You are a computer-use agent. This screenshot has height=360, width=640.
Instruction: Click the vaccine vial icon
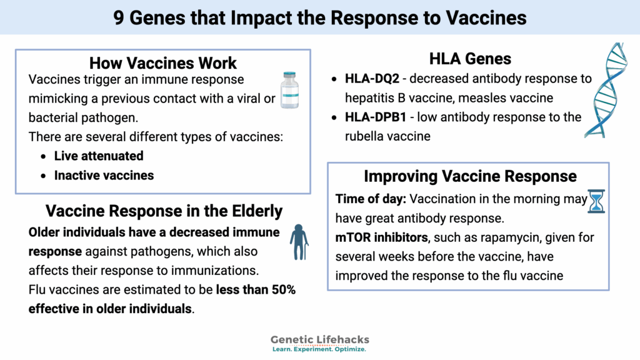pos(289,91)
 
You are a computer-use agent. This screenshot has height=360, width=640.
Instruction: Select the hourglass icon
pos(596,202)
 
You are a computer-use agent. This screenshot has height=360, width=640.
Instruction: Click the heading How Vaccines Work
pos(163,63)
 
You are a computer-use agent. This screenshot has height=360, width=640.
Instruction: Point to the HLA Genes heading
pos(470,59)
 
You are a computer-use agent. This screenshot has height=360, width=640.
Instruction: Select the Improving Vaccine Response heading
pos(470,176)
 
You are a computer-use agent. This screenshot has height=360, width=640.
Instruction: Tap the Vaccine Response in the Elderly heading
pos(163,211)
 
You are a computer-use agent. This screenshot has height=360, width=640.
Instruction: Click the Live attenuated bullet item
pos(99,156)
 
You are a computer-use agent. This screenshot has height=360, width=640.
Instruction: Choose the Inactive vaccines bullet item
pos(104,175)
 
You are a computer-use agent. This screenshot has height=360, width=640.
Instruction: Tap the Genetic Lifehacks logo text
pos(319,340)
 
